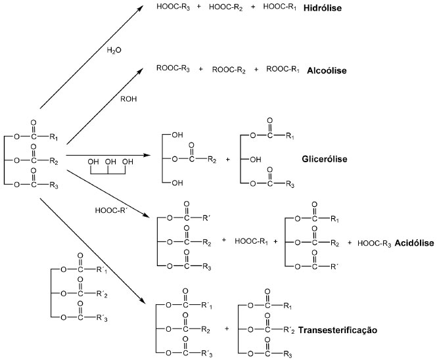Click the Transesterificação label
pos(338,330)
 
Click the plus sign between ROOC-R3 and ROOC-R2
pos(201,68)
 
